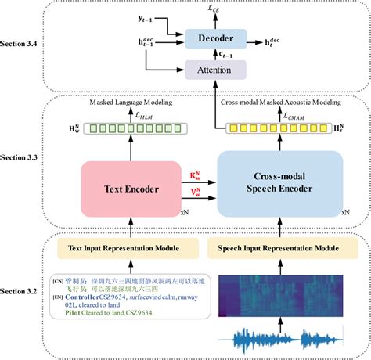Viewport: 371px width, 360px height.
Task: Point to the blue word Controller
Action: pos(83,297)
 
